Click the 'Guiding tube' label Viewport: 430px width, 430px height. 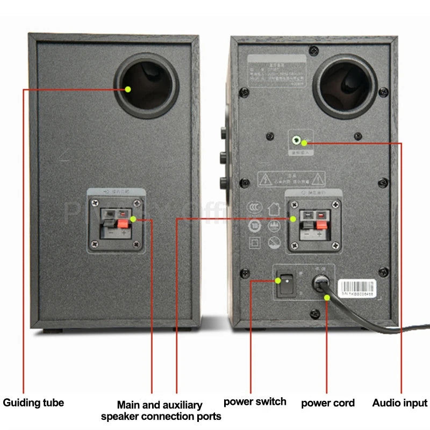[x=33, y=403]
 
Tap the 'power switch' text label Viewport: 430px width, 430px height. [x=255, y=402]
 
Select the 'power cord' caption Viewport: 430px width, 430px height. [x=328, y=403]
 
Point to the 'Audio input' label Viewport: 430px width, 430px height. [x=400, y=403]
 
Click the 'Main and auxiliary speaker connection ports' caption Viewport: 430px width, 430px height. [x=161, y=411]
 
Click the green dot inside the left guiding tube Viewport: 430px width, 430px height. [x=129, y=89]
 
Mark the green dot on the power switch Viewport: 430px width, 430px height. [x=278, y=280]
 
